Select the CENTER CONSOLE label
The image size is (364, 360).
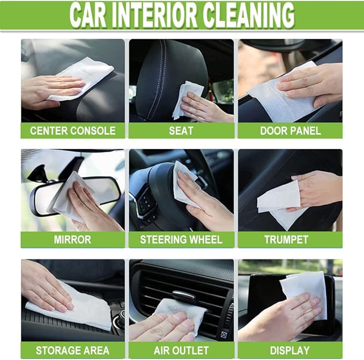click(72, 130)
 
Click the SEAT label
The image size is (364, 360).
click(181, 130)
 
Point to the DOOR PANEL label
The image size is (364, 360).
click(290, 130)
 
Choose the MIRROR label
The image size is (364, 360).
click(72, 239)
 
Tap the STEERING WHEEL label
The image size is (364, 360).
click(181, 239)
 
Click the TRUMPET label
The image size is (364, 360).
click(290, 239)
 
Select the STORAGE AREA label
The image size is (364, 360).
click(72, 350)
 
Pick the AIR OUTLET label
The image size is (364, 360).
click(181, 350)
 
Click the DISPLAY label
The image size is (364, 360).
click(290, 350)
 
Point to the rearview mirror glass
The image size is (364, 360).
click(102, 190)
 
